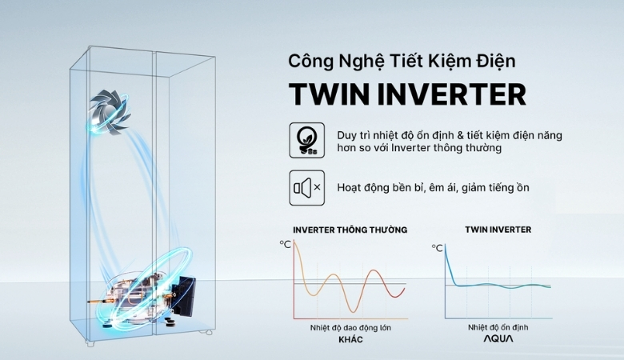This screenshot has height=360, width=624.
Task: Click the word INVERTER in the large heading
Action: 454,94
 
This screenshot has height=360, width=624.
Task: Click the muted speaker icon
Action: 306,188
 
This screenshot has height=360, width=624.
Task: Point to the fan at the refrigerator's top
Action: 110,110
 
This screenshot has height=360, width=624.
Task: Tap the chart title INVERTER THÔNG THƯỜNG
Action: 350,230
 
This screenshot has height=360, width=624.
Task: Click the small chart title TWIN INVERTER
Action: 498,230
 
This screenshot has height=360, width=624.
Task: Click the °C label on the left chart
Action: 285,244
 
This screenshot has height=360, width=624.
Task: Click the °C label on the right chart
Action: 438,248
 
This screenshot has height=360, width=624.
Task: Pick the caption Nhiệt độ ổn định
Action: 498,327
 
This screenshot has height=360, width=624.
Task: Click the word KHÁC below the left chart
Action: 350,340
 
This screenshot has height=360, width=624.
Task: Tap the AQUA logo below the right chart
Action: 498,339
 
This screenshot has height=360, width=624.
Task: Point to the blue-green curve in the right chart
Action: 496,285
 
